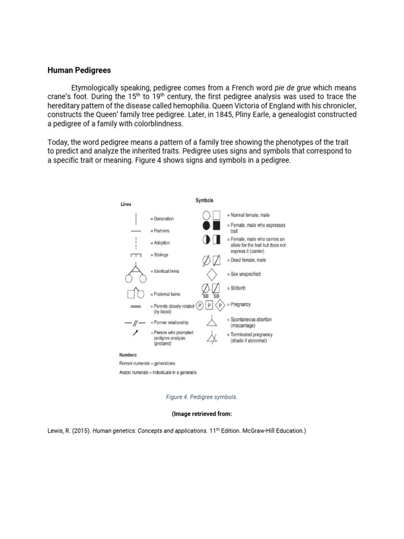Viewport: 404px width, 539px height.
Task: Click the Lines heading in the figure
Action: [x=126, y=204]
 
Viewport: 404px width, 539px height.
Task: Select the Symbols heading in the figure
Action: [x=204, y=201]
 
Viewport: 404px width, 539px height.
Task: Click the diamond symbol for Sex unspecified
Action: [x=211, y=274]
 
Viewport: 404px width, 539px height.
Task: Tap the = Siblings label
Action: [x=160, y=255]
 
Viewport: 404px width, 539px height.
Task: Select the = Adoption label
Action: [x=161, y=243]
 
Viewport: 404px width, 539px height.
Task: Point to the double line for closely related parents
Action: [x=135, y=306]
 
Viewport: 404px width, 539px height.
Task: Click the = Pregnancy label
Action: [x=239, y=304]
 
